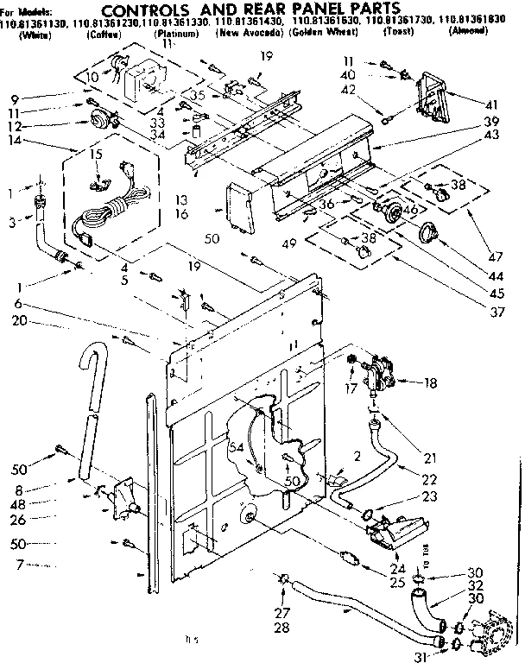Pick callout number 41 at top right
(x=493, y=101)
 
